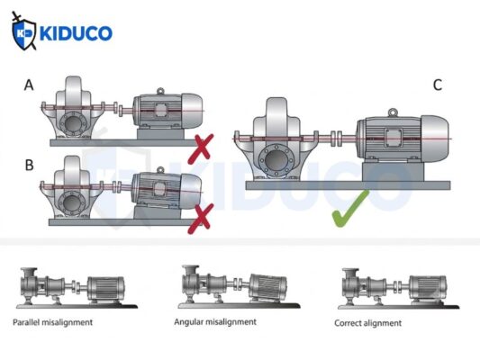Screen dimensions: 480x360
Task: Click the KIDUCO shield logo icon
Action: [23, 31]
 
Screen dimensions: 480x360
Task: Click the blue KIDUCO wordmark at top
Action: [76, 33]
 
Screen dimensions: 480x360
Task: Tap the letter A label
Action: [29, 85]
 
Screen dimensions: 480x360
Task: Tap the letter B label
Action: [29, 166]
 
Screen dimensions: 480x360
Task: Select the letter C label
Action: [438, 85]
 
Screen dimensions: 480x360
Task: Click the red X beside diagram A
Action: [201, 148]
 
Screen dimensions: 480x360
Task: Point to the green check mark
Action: [350, 210]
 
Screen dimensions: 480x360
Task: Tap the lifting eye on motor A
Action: [160, 91]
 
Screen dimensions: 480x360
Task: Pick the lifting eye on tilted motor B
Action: [160, 170]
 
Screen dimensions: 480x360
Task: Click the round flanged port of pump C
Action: [276, 160]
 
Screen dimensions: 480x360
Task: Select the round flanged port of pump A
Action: [73, 123]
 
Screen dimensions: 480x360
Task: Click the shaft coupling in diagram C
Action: [337, 139]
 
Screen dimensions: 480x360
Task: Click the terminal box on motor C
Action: [393, 138]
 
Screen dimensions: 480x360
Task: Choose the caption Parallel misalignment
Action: [52, 322]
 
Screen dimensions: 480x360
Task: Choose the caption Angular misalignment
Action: [215, 322]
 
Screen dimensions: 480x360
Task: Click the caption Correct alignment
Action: [367, 323]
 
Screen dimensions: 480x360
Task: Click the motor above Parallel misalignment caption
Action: [106, 289]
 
